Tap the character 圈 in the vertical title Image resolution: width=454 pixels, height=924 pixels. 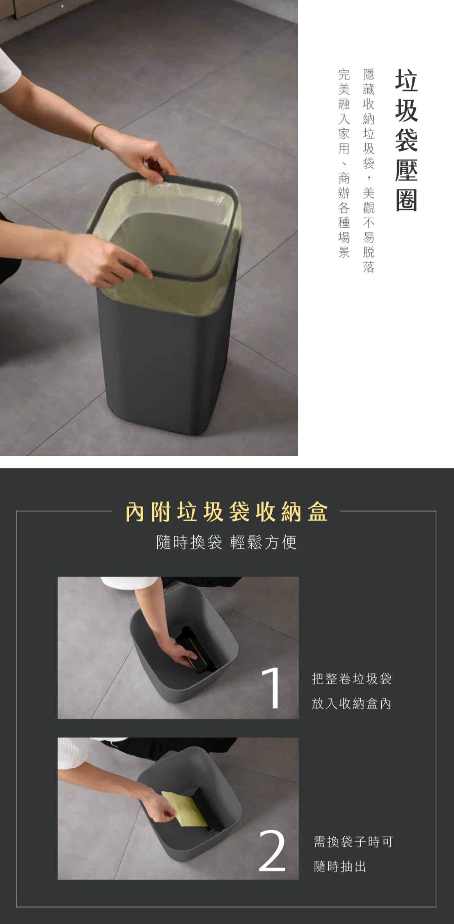click(x=406, y=201)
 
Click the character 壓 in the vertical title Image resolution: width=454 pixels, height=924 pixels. click(x=406, y=171)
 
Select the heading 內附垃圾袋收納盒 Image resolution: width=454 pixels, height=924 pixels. click(x=227, y=512)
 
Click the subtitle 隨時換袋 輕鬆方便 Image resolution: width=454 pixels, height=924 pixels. click(x=227, y=542)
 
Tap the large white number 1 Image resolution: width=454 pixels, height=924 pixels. click(x=272, y=688)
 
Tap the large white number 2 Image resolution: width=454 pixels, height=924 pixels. click(x=272, y=850)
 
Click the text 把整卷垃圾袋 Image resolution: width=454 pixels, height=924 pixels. click(x=352, y=679)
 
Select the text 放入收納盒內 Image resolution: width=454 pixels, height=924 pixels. click(x=352, y=704)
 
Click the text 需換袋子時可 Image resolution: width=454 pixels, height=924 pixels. click(x=353, y=842)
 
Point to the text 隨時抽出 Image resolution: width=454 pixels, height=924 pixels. click(x=340, y=866)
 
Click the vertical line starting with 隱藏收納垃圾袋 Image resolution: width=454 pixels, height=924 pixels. click(x=369, y=171)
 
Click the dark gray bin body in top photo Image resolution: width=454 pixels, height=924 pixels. click(x=164, y=366)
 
